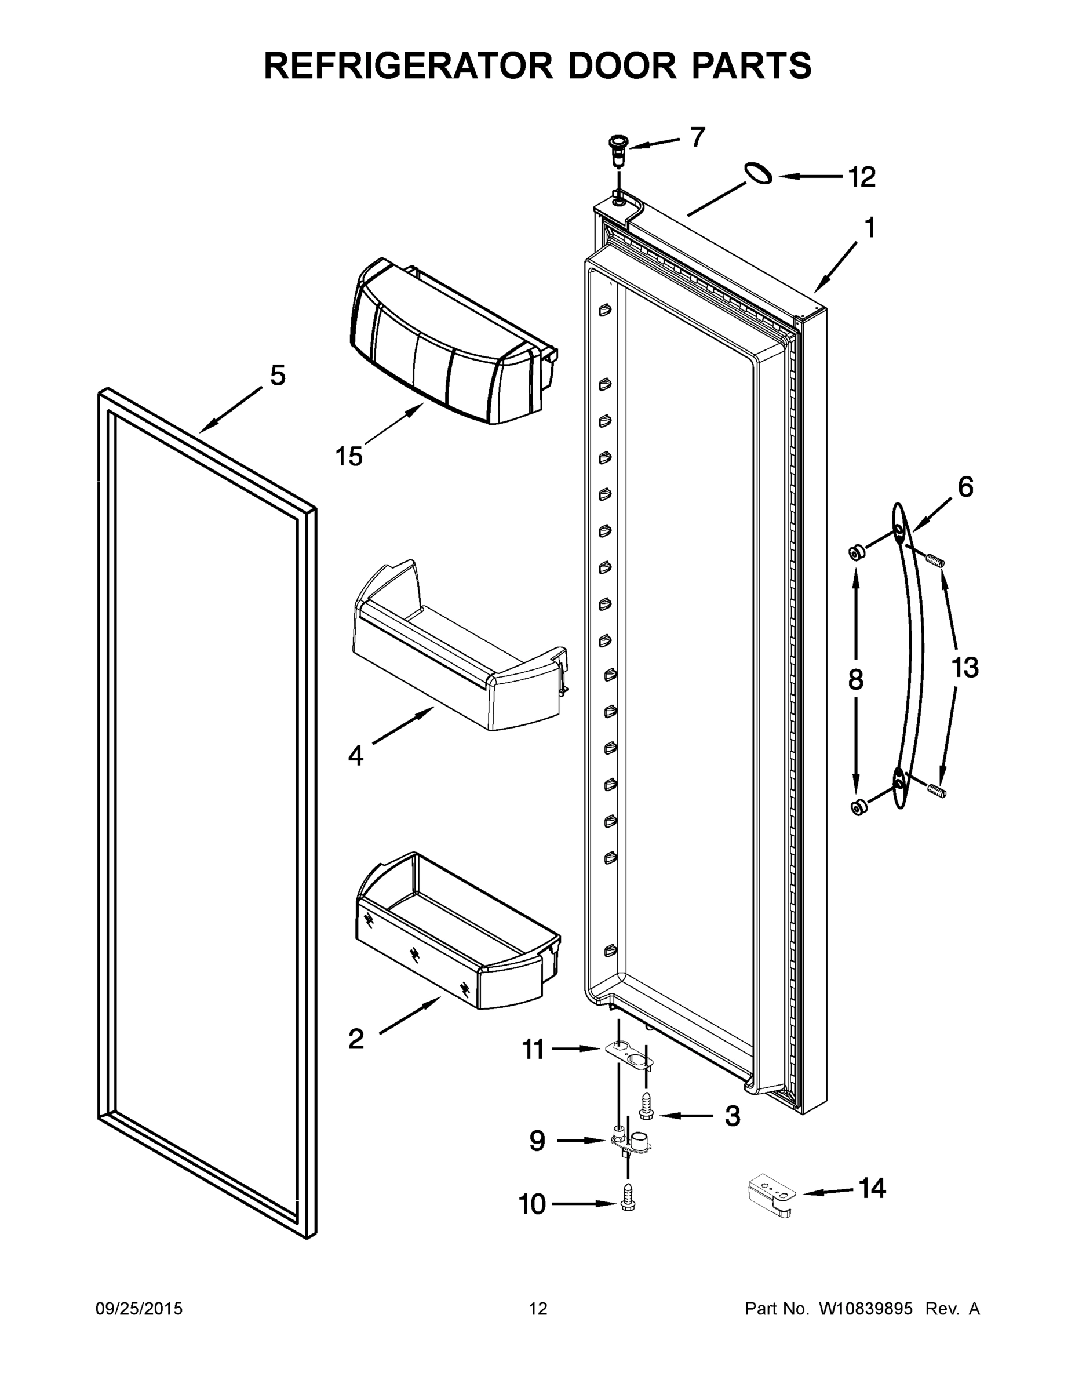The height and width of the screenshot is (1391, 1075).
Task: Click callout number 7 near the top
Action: (x=697, y=137)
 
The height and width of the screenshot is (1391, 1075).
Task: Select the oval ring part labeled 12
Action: (x=758, y=173)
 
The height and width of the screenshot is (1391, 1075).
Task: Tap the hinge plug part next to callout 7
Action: (x=617, y=150)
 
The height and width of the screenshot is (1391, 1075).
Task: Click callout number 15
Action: (x=349, y=456)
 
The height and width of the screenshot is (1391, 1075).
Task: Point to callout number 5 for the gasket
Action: (x=278, y=376)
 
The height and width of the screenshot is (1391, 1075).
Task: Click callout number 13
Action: (x=965, y=668)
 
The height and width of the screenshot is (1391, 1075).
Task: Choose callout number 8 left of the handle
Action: (x=855, y=680)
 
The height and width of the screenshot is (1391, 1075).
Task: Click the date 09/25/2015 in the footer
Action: (x=139, y=1308)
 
